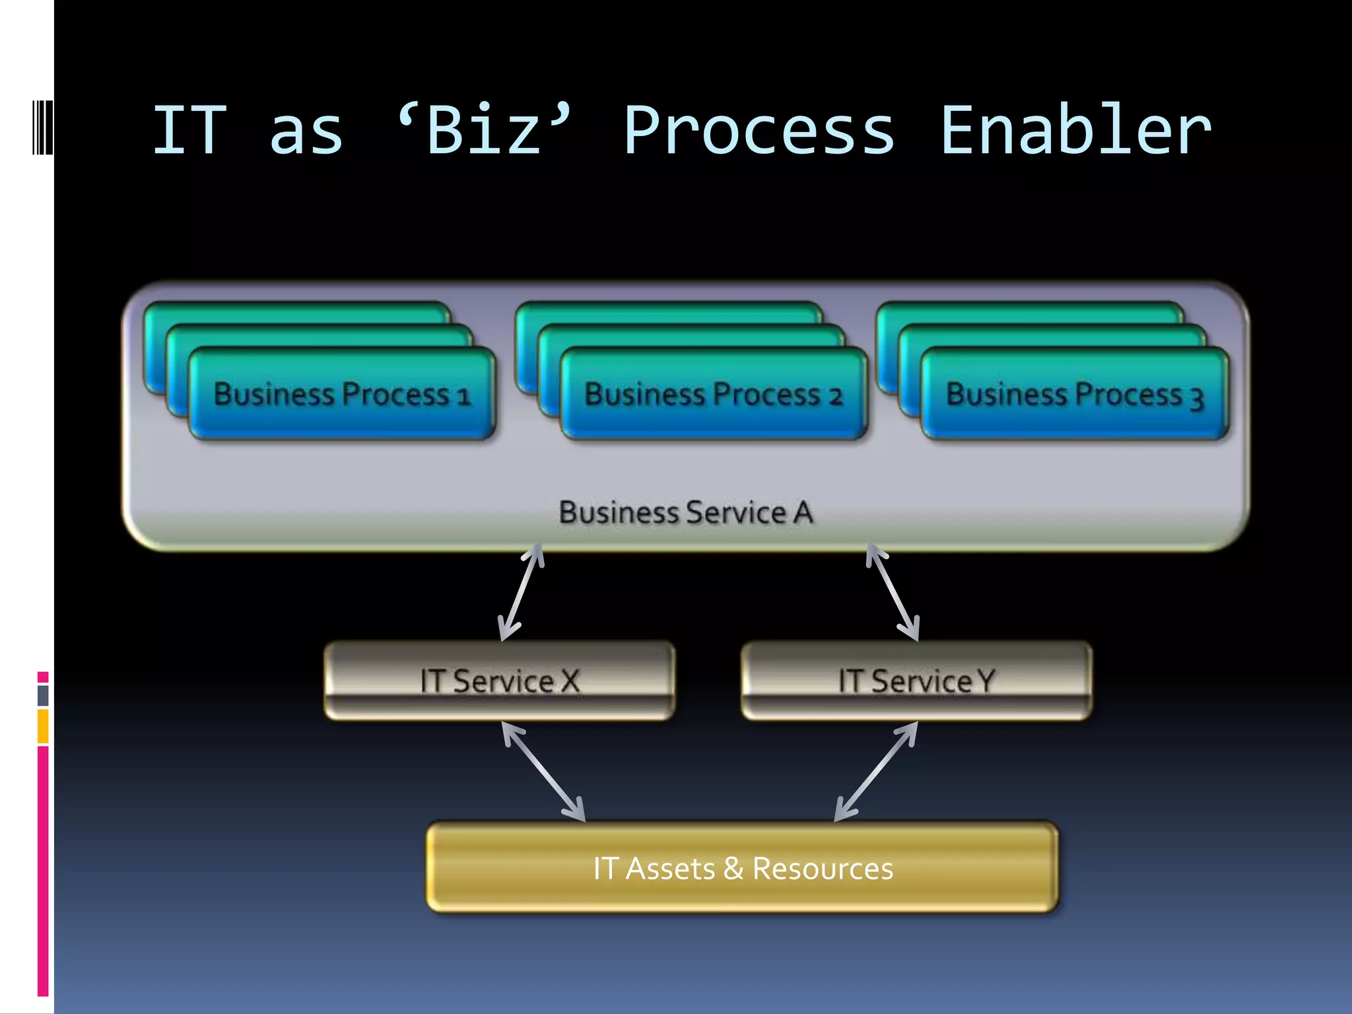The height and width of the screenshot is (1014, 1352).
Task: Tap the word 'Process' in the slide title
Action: [759, 131]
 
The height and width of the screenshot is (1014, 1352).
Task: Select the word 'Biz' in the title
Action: [485, 131]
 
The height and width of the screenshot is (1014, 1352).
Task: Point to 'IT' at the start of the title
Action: [189, 131]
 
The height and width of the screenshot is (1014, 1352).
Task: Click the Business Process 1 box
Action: [341, 394]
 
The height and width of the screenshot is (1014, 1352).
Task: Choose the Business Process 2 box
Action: [714, 394]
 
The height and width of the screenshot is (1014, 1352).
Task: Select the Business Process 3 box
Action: [1075, 394]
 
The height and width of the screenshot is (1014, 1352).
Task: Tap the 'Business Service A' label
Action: [685, 513]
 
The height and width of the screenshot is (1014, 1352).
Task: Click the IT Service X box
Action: [500, 681]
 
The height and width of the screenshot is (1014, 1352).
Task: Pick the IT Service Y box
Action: [916, 681]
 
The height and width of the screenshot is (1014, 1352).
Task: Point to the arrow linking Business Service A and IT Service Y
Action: [893, 592]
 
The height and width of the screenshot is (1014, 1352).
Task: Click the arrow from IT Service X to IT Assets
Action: [543, 771]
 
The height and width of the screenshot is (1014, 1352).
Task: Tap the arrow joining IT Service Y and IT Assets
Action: [876, 771]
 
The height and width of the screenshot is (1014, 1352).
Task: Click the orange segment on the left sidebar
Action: [43, 726]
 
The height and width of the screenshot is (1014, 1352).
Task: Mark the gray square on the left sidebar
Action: [43, 695]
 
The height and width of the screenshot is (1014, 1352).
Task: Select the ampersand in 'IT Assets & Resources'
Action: [733, 869]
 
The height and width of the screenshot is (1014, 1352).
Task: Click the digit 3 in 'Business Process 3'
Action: [1196, 398]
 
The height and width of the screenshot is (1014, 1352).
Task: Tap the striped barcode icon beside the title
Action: [42, 127]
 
